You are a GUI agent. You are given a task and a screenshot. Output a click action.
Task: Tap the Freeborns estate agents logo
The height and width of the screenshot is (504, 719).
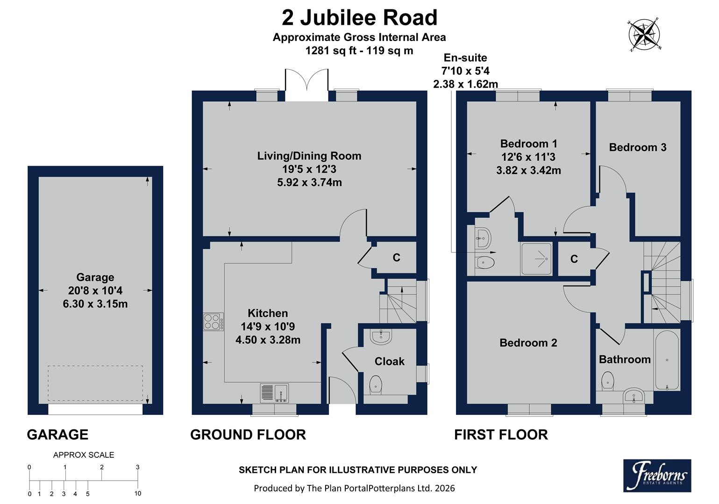pos(657,476)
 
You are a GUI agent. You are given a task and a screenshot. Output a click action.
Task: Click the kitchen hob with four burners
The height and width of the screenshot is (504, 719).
pos(213,322)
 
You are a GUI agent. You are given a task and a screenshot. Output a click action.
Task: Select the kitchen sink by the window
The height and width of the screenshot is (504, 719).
pos(274,393)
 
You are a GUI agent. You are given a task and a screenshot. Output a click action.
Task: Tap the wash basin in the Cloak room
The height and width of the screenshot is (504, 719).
pos(381,336)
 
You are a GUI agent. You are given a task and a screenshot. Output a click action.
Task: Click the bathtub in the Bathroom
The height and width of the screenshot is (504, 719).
pos(667,360)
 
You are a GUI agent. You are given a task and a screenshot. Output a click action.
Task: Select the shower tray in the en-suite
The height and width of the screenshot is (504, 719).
pos(536,259)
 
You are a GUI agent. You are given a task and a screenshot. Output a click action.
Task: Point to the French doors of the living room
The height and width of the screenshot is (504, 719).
pos(306,85)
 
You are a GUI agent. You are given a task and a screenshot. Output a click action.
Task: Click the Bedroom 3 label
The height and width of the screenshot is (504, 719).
pos(637,147)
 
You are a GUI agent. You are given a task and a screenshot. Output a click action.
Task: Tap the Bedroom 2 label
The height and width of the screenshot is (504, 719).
pos(528,343)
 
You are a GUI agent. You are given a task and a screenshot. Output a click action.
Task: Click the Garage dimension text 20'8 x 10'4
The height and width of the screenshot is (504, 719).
pos(95,291)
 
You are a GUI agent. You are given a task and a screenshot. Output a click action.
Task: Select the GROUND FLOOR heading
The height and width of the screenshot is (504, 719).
pos(248,435)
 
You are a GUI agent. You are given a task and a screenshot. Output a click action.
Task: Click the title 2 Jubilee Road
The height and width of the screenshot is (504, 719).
pos(359,18)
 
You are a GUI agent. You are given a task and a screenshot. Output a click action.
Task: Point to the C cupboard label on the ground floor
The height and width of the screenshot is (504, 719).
pos(396,258)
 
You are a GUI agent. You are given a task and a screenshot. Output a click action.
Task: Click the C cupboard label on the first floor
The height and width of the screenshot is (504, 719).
pos(574,259)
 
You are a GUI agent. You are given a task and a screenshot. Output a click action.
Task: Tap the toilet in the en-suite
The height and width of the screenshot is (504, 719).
pos(485,263)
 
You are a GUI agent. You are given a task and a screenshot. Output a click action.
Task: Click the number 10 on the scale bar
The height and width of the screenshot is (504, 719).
pos(138,493)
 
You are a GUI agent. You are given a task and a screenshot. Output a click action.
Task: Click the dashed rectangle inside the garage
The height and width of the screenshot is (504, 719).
pos(95,383)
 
